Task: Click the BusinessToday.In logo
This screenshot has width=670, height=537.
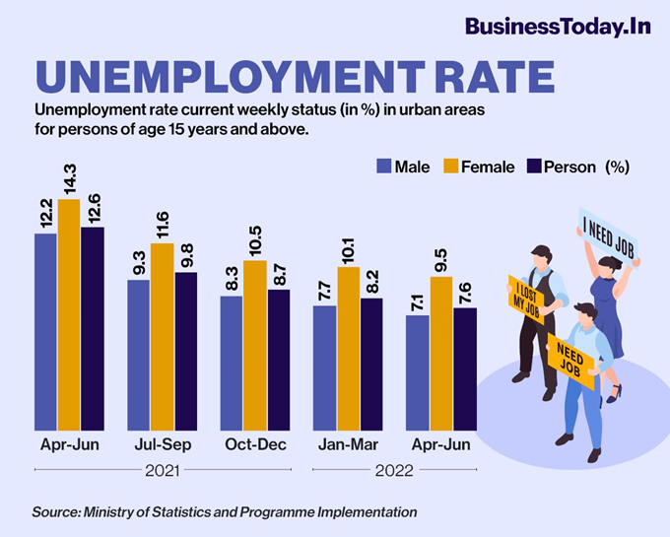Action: (x=557, y=27)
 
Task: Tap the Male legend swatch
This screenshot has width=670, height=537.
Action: (x=383, y=167)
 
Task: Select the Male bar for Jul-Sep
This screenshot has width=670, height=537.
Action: (x=138, y=354)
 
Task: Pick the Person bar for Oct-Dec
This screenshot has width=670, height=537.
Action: (x=279, y=359)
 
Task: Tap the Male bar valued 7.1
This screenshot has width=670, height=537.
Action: (x=418, y=371)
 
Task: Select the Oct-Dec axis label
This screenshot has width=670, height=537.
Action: (x=255, y=445)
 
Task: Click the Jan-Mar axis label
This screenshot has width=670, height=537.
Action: (x=348, y=445)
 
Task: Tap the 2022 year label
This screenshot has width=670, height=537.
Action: (x=394, y=472)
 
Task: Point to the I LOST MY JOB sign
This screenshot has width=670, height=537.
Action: (x=526, y=296)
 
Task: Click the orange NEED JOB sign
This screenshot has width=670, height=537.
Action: (x=570, y=362)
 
